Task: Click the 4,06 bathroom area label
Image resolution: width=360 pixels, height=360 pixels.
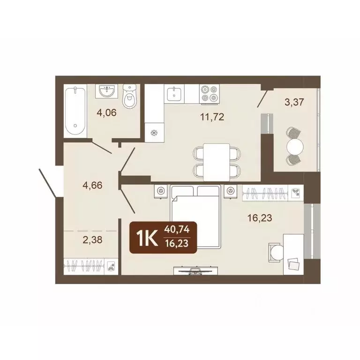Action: (x=106, y=112)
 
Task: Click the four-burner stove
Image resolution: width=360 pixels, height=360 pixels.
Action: (x=209, y=93)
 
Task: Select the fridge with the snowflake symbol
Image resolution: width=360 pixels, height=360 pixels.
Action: (x=152, y=132)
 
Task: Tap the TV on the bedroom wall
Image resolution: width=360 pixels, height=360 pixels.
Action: (x=193, y=270)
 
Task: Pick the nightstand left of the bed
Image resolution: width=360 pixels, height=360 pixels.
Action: (x=161, y=190)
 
